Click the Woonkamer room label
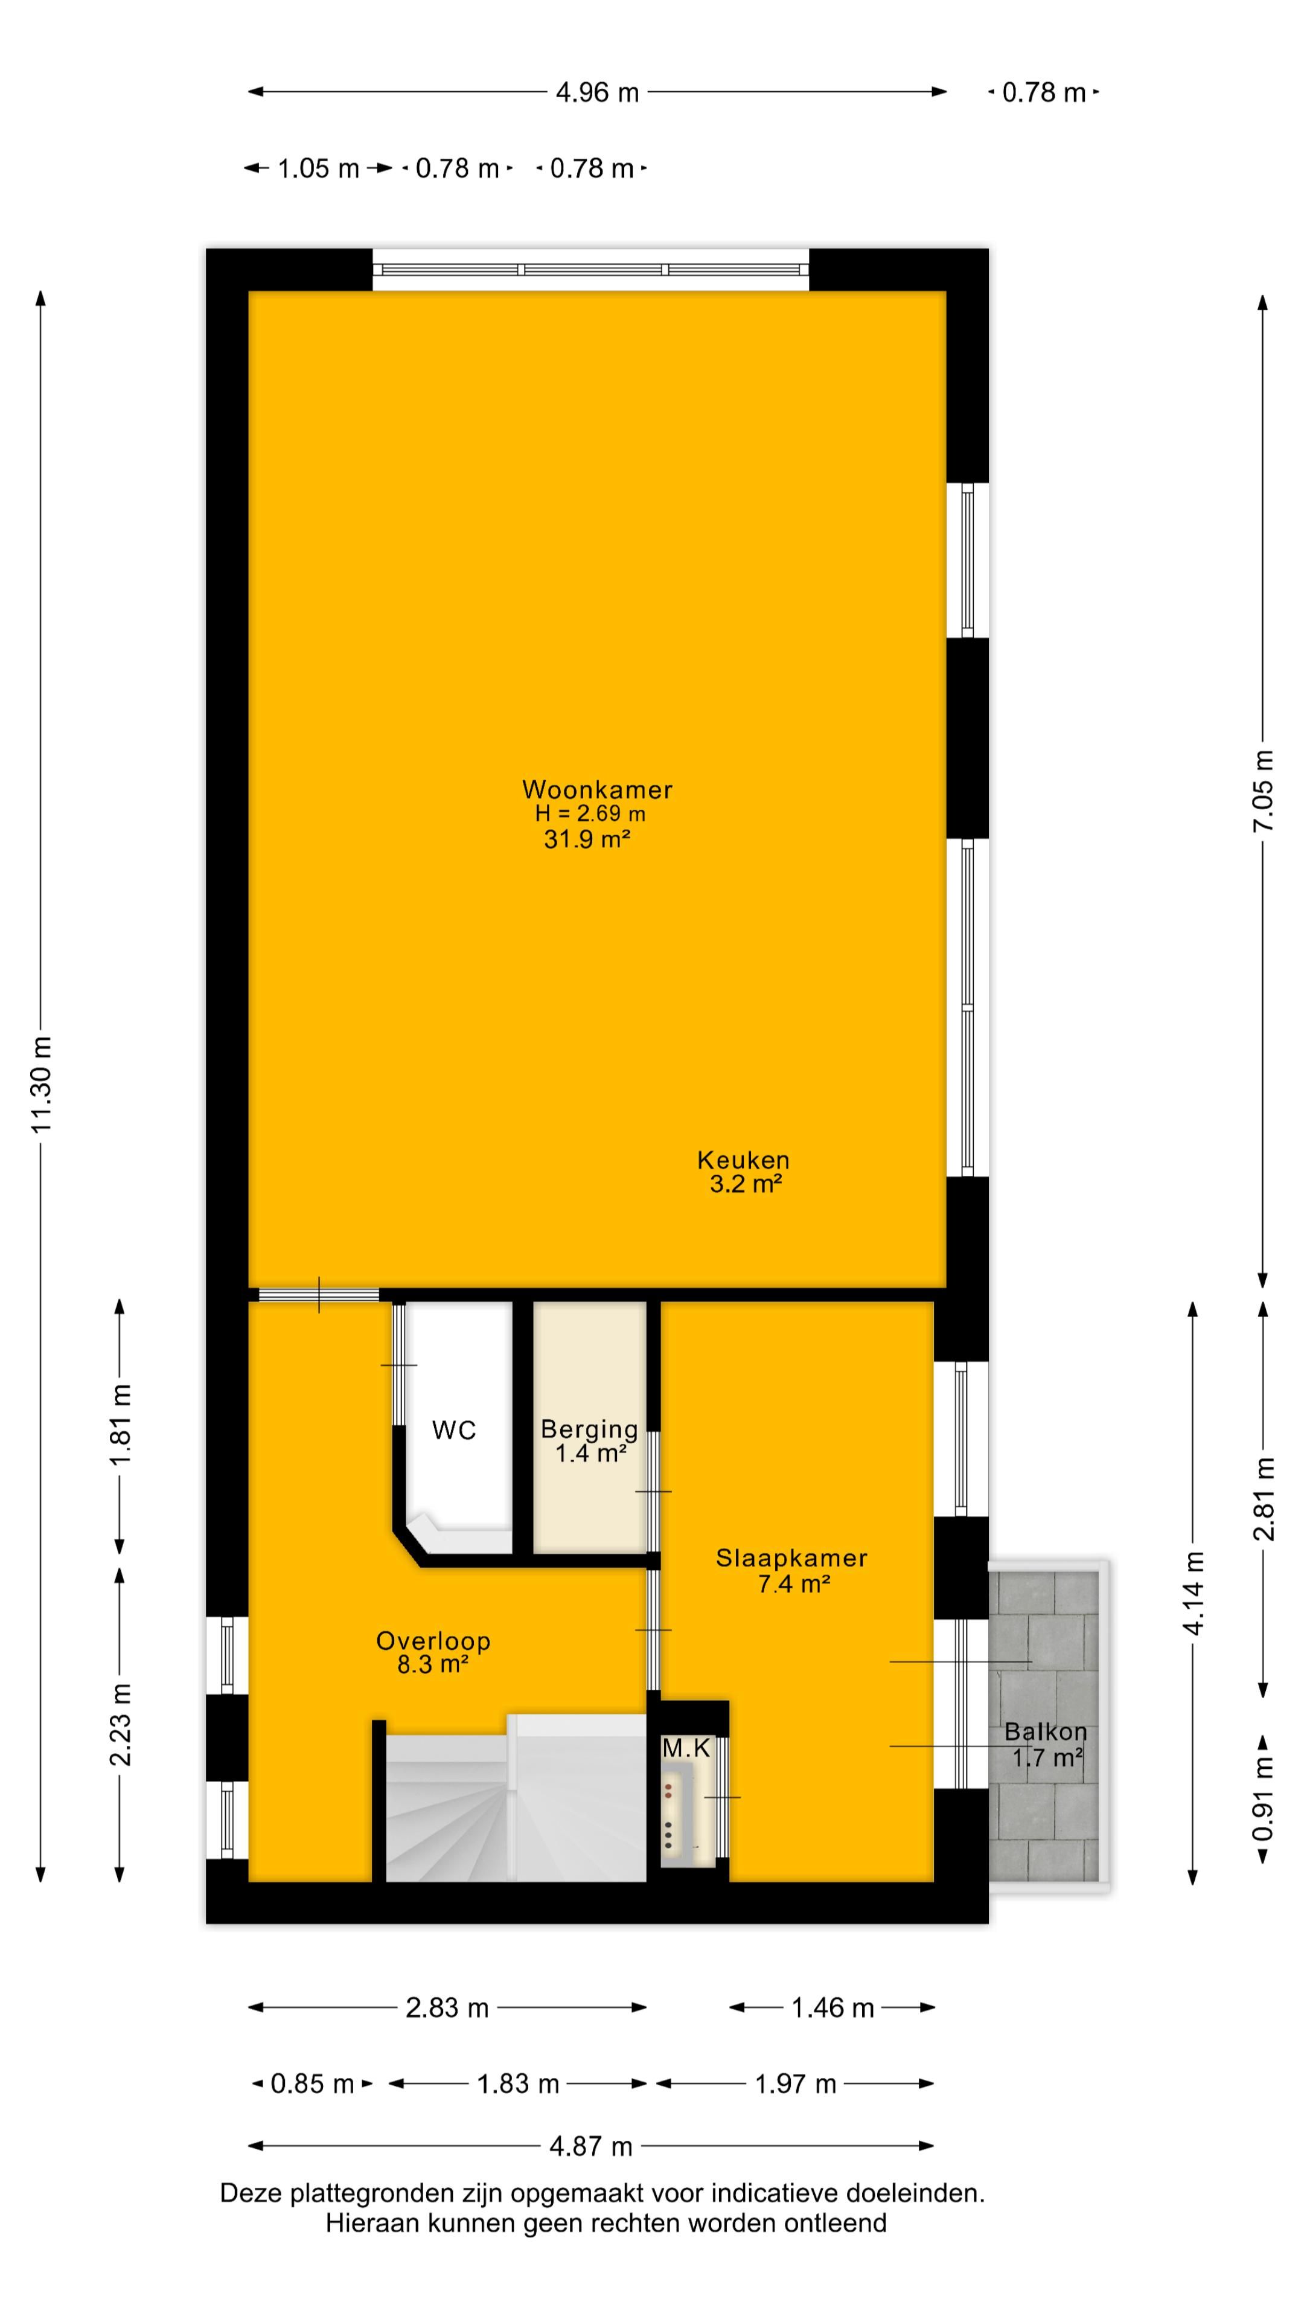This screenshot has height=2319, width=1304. pos(596,789)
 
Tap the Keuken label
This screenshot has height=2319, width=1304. pos(743,1160)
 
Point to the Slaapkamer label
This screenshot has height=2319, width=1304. pos(791,1558)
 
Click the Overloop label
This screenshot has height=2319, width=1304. pos(433,1641)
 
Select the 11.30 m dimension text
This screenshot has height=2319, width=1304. pos(42,1085)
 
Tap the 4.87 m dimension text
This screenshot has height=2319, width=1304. pos(591,2147)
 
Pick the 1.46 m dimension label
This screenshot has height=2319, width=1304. pos(833,2007)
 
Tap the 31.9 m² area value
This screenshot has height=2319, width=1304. pos(586,840)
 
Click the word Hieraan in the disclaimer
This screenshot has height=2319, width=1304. pos(372,2224)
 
